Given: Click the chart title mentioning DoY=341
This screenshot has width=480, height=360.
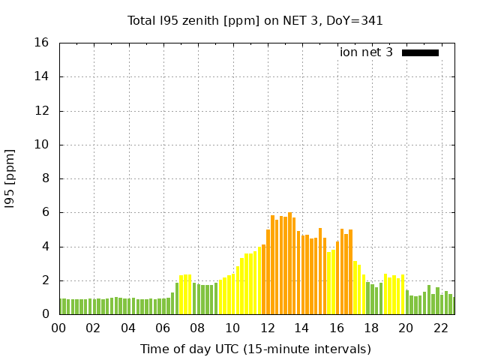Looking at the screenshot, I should click(256, 20).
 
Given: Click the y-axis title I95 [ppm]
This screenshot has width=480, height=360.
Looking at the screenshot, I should click(10, 178).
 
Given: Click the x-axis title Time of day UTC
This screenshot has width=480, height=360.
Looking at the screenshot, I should click(256, 349).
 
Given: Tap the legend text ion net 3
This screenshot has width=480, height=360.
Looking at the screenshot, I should click(366, 52).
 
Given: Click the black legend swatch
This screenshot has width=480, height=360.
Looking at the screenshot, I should click(420, 52).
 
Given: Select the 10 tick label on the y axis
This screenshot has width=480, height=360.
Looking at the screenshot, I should click(43, 145).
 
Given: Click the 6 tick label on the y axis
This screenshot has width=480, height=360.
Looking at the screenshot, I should click(46, 212).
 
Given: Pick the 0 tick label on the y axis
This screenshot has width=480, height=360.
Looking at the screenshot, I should click(46, 314).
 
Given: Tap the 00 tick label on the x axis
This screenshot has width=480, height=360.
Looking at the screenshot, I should click(58, 328).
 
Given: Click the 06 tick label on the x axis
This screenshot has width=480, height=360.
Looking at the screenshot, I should click(163, 328).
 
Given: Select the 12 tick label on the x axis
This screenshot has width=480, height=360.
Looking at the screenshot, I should click(267, 328).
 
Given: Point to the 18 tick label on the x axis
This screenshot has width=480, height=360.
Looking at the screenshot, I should click(371, 328).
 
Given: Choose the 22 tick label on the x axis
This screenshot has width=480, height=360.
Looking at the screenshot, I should click(440, 328).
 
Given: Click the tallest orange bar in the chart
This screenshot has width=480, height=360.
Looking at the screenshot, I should click(289, 262).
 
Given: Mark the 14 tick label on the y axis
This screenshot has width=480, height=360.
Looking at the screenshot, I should click(43, 76).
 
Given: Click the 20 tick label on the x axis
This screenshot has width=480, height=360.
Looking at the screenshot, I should click(406, 328).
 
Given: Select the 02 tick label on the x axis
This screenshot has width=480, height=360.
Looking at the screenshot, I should click(93, 328).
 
